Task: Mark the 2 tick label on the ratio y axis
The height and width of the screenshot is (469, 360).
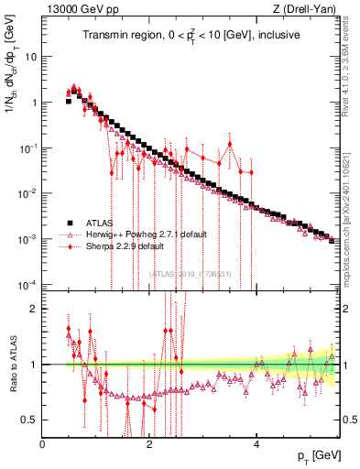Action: [x=34, y=309]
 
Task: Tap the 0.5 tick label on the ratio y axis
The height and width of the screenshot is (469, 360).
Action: [x=29, y=420]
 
